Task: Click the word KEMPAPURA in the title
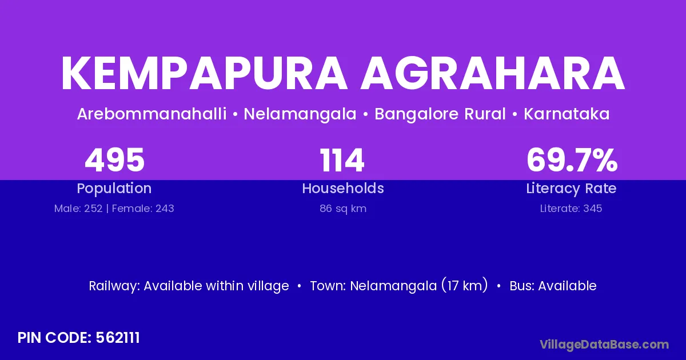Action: click(204, 74)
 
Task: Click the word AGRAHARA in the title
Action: click(492, 74)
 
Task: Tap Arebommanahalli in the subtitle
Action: click(152, 114)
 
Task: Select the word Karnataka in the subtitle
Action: click(567, 114)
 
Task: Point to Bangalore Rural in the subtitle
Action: click(440, 114)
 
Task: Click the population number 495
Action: click(114, 160)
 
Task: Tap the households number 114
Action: click(342, 160)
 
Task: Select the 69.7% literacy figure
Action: click(572, 160)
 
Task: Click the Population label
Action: click(114, 189)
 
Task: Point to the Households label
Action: click(343, 188)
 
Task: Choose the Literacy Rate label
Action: click(571, 189)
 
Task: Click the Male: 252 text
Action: click(78, 209)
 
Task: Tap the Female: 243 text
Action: click(143, 209)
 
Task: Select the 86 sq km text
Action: click(343, 209)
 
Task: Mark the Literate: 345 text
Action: click(571, 209)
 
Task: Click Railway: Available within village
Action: click(189, 286)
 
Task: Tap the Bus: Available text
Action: click(553, 286)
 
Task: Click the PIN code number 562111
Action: click(118, 338)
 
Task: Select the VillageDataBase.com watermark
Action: click(605, 345)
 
